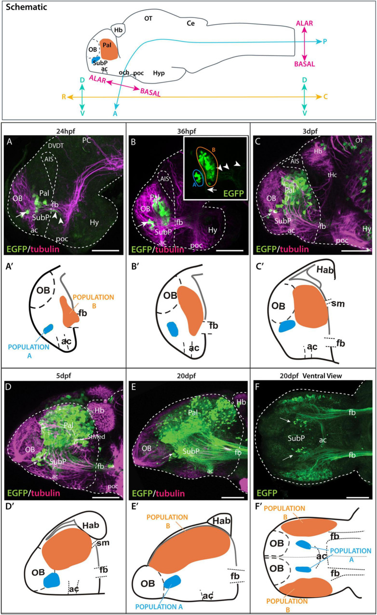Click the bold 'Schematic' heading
pyautogui.click(x=24, y=9)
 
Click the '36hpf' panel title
pyautogui.click(x=187, y=129)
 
